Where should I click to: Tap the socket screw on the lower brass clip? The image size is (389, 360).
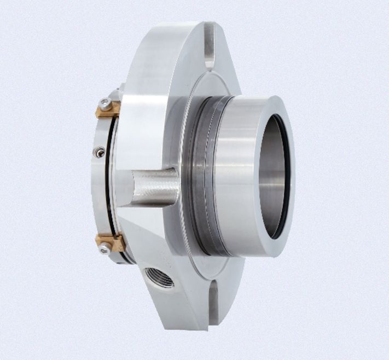(x=103, y=249)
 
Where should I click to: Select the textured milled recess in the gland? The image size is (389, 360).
(x=150, y=186)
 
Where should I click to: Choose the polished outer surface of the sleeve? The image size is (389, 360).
(x=235, y=175)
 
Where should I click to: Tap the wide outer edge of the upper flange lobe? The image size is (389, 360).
(x=164, y=44)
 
